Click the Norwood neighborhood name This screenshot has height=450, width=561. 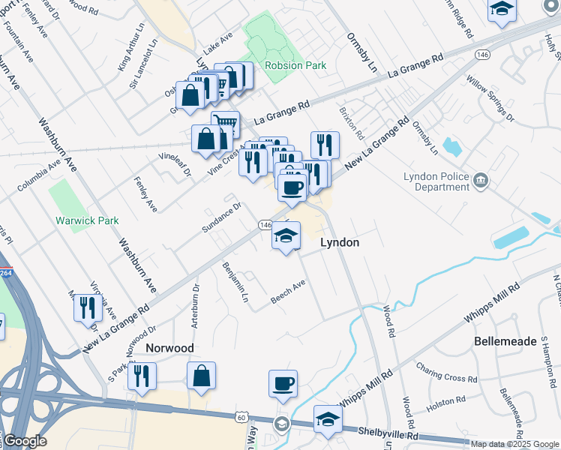tap(169, 348)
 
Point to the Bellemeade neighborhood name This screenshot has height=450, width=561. tap(505, 341)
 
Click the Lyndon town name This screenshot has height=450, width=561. tap(340, 243)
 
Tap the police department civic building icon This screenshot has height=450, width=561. tap(481, 180)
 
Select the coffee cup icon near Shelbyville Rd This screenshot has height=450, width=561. tap(283, 384)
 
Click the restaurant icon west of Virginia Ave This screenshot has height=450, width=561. tap(88, 307)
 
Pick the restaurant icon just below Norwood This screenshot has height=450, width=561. tap(141, 376)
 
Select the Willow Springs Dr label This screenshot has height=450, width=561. tap(490, 98)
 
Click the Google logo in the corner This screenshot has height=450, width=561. tap(25, 441)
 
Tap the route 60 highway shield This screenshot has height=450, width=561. tap(241, 416)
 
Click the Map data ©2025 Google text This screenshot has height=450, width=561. tap(514, 444)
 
